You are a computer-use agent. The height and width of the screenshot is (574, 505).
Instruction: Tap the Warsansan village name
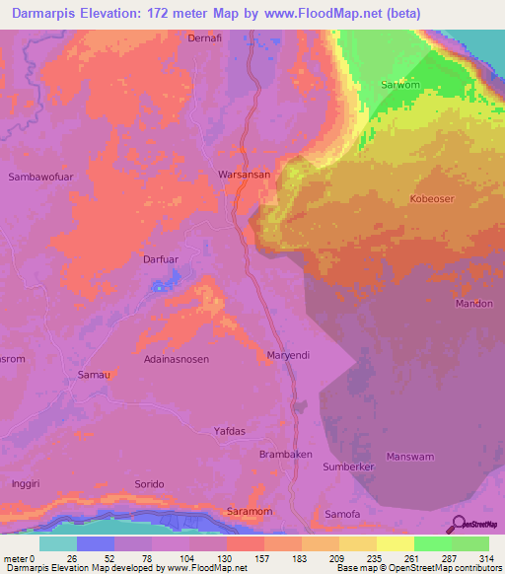click(244, 175)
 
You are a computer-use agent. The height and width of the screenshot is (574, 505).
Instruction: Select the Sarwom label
click(401, 85)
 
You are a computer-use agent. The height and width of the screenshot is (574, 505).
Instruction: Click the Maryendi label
click(289, 354)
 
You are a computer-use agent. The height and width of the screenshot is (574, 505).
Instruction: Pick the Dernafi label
click(207, 38)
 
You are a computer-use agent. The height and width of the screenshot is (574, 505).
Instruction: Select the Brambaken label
click(285, 455)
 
